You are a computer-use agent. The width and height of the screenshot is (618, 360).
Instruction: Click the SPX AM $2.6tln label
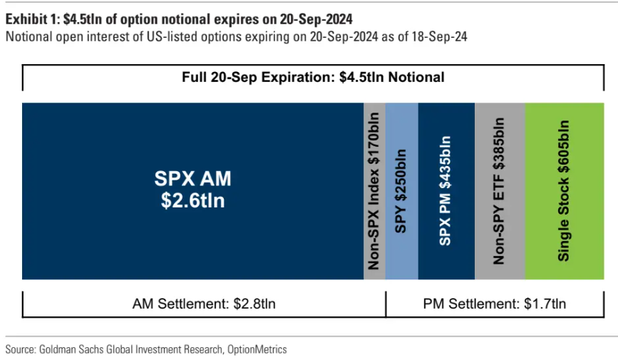tap(192, 189)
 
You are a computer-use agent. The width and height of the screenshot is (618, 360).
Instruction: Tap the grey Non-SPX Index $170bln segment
tap(374, 191)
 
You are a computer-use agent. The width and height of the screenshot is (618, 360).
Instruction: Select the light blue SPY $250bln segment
tap(401, 191)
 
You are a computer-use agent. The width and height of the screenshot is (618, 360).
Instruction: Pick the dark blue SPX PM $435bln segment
tap(446, 191)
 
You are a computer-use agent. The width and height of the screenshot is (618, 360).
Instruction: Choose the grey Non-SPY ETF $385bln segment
tap(499, 191)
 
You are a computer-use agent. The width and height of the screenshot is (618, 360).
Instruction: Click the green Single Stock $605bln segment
tap(564, 191)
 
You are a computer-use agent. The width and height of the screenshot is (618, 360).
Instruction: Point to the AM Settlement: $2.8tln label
tap(204, 304)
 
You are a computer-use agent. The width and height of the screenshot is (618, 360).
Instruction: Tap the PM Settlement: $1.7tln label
tap(495, 304)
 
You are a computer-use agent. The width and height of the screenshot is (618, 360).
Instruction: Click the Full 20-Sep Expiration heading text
tap(313, 77)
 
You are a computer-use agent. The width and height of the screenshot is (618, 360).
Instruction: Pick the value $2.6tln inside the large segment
tap(192, 200)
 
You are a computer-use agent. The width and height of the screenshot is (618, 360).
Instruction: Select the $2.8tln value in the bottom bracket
tap(254, 304)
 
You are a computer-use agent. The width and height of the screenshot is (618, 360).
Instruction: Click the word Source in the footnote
tap(19, 349)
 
